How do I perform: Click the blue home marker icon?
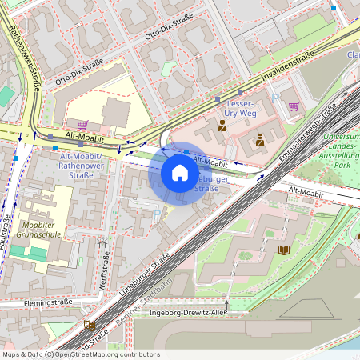click(180, 173)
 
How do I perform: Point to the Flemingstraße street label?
click(34, 303)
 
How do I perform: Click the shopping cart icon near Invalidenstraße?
click(294, 106)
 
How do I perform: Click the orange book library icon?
click(282, 250)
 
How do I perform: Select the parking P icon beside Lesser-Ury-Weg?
click(276, 97)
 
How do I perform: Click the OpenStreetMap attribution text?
click(81, 354)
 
